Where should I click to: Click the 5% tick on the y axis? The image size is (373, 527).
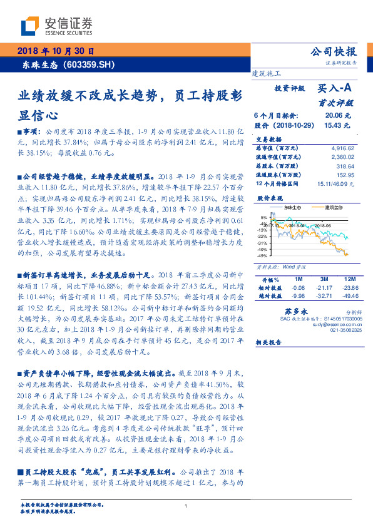(x=263, y=218)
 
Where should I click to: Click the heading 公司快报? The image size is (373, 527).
(x=334, y=52)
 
